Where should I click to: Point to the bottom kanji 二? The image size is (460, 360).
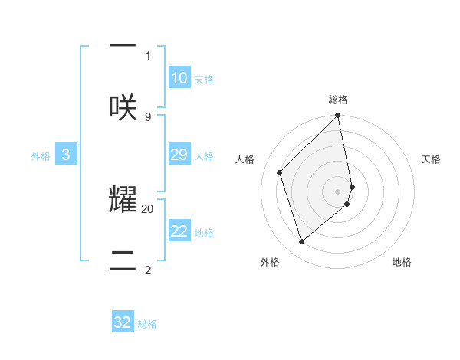coord(123,259)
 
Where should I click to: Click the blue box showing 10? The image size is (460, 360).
coord(179,77)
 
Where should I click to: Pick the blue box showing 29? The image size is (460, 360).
coord(179,155)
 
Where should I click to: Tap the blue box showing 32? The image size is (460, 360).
coord(123,322)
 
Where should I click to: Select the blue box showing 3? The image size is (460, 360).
coord(66,155)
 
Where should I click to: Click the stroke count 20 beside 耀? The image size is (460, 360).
coord(148,208)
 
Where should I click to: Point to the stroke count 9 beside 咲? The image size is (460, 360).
coord(148,116)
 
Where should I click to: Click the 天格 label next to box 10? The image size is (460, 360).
coord(204,80)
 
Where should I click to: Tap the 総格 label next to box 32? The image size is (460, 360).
coord(147,325)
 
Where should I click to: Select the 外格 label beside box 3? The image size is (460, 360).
coord(41,156)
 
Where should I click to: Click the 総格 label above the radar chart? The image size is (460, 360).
coord(338,100)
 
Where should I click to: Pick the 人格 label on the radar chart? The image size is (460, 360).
coord(245,159)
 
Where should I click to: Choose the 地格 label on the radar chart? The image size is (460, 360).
coord(402,263)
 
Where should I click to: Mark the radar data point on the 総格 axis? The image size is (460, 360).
coord(338,116)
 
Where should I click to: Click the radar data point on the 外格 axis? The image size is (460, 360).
coord(301,242)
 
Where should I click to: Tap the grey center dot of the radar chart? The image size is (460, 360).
coord(338,191)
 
